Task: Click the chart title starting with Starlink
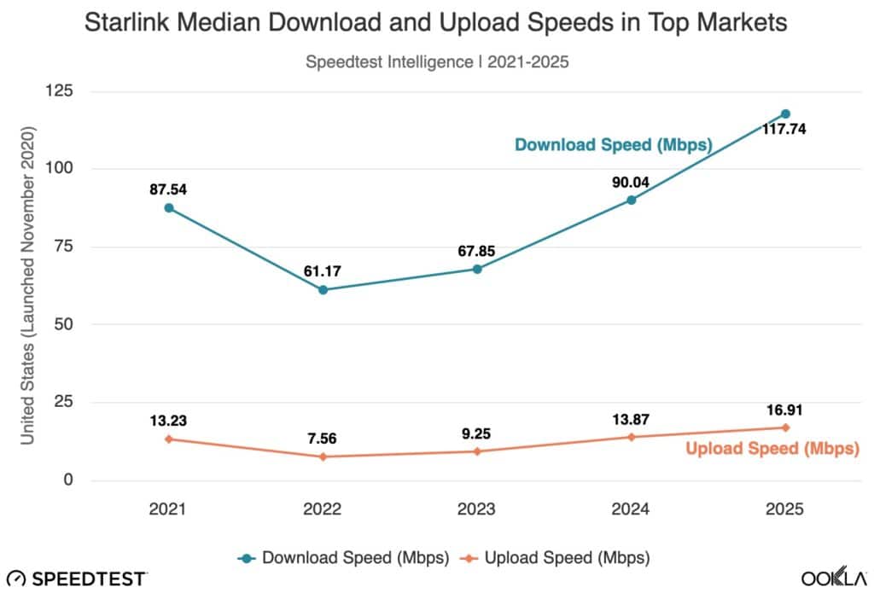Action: [436, 24]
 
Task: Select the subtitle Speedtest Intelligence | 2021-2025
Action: [436, 61]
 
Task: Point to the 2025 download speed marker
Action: [785, 113]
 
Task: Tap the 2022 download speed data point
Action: [323, 290]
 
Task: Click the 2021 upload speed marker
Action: [169, 439]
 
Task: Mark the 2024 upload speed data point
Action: [631, 437]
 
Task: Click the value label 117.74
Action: [785, 131]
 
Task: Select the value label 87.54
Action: [169, 189]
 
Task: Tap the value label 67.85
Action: [476, 251]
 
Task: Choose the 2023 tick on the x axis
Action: [476, 509]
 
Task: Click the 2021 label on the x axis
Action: [169, 509]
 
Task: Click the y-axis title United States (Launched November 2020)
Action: [27, 286]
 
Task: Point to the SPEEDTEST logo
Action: [77, 578]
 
